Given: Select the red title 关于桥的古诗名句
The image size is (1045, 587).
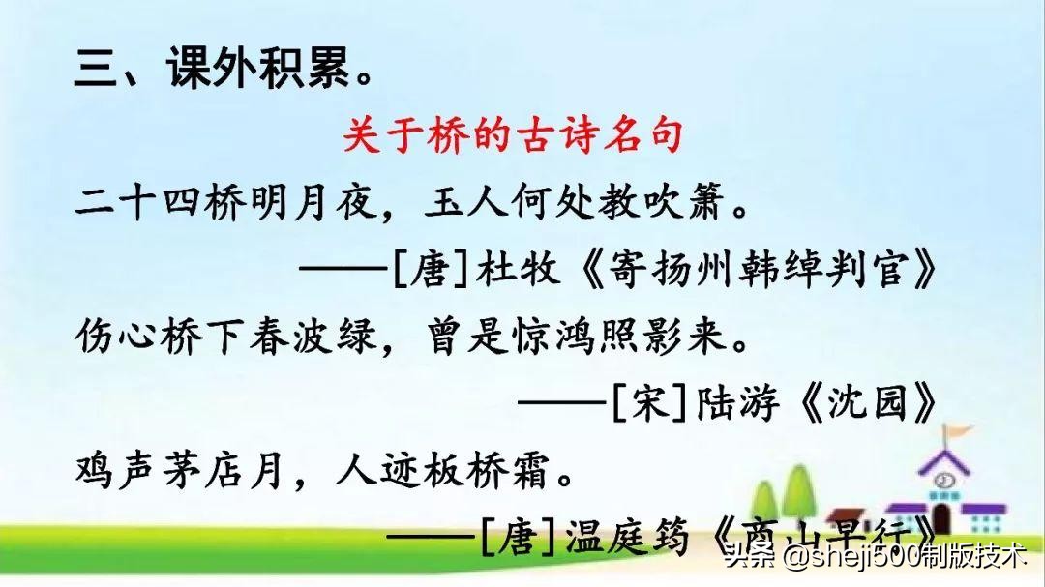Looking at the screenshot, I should [x=513, y=136].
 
